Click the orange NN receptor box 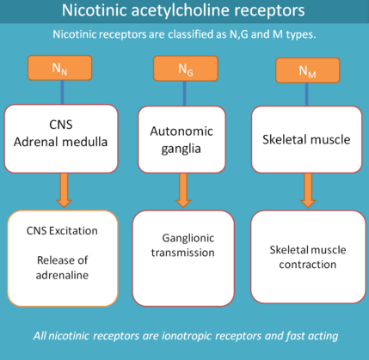click(x=59, y=68)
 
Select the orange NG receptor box click(x=186, y=69)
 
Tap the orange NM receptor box click(x=308, y=70)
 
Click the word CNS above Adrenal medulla click(x=61, y=125)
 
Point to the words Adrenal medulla click(x=60, y=142)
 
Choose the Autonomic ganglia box click(x=181, y=139)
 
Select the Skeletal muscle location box click(x=307, y=139)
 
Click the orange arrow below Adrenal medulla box click(x=64, y=190)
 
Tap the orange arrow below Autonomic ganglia click(x=183, y=191)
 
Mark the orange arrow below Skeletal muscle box click(x=308, y=191)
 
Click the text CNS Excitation click(x=62, y=231)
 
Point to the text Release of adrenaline click(x=62, y=267)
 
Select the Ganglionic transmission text click(x=183, y=245)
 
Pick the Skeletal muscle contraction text click(x=308, y=257)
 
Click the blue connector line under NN click(x=62, y=92)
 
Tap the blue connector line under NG click(x=184, y=94)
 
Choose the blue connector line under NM click(x=307, y=95)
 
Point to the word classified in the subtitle click(x=191, y=34)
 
